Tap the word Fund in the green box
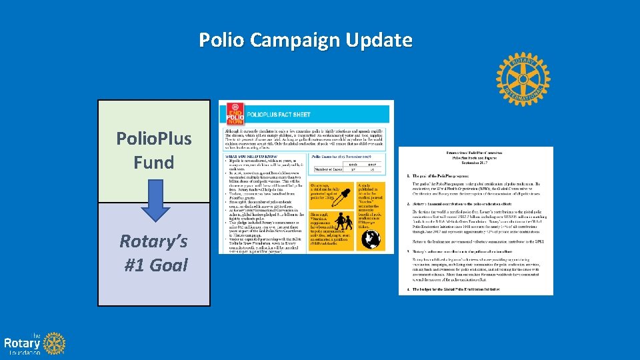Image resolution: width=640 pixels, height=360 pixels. point(154,162)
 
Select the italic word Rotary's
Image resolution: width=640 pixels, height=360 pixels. point(154,241)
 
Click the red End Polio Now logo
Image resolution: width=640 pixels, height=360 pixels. point(235,113)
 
